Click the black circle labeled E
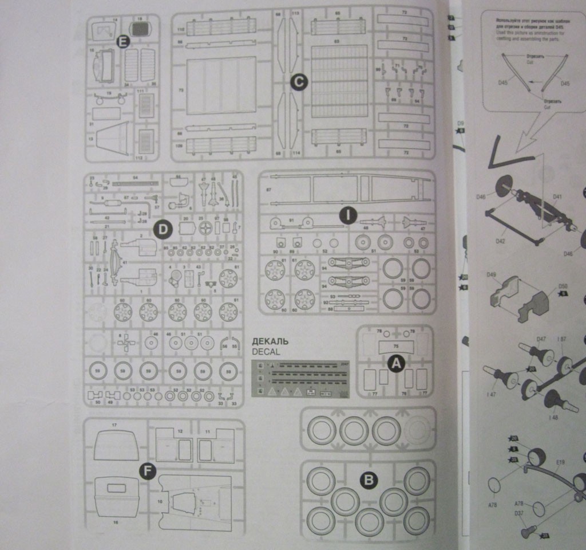coord(122,41)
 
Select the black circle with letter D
coord(163,230)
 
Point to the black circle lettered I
coord(347,215)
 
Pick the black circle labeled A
coord(395,362)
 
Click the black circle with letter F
coord(148,472)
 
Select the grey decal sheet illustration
coord(300,379)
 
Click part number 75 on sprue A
coord(396,346)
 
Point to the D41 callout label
coord(557,197)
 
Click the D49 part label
coord(490,275)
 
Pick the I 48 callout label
coord(552,418)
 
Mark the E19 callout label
coord(560,461)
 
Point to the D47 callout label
coord(541,339)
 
